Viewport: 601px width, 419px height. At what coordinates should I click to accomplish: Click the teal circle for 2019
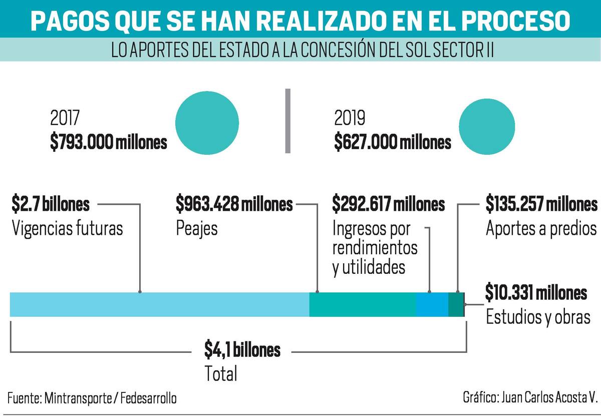[x=487, y=126]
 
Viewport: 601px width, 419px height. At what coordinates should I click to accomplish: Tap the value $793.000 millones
[x=108, y=143]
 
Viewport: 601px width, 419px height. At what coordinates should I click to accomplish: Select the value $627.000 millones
[x=393, y=143]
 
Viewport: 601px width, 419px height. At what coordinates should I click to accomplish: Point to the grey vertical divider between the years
[x=287, y=121]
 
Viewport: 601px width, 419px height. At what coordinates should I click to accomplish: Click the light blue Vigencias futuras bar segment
[x=159, y=304]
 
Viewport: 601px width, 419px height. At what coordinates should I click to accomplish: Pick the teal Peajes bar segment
[x=362, y=304]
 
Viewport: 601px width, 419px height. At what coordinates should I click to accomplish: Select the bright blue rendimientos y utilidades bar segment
[x=432, y=304]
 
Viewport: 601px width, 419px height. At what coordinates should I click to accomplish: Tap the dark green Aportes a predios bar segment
[x=455, y=304]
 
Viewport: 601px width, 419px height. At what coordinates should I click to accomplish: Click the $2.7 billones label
[x=51, y=204]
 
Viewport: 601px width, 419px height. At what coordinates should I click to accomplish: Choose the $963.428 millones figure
[x=234, y=204]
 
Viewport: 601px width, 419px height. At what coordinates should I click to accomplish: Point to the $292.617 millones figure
[x=389, y=204]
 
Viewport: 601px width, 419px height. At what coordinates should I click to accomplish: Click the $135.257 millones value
[x=541, y=204]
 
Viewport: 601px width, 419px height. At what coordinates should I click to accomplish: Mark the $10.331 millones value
[x=536, y=292]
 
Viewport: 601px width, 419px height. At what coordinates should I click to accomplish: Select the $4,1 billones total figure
[x=242, y=350]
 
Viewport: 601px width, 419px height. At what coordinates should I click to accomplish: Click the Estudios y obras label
[x=538, y=317]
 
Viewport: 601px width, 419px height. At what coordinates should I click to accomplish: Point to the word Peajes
[x=197, y=229]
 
